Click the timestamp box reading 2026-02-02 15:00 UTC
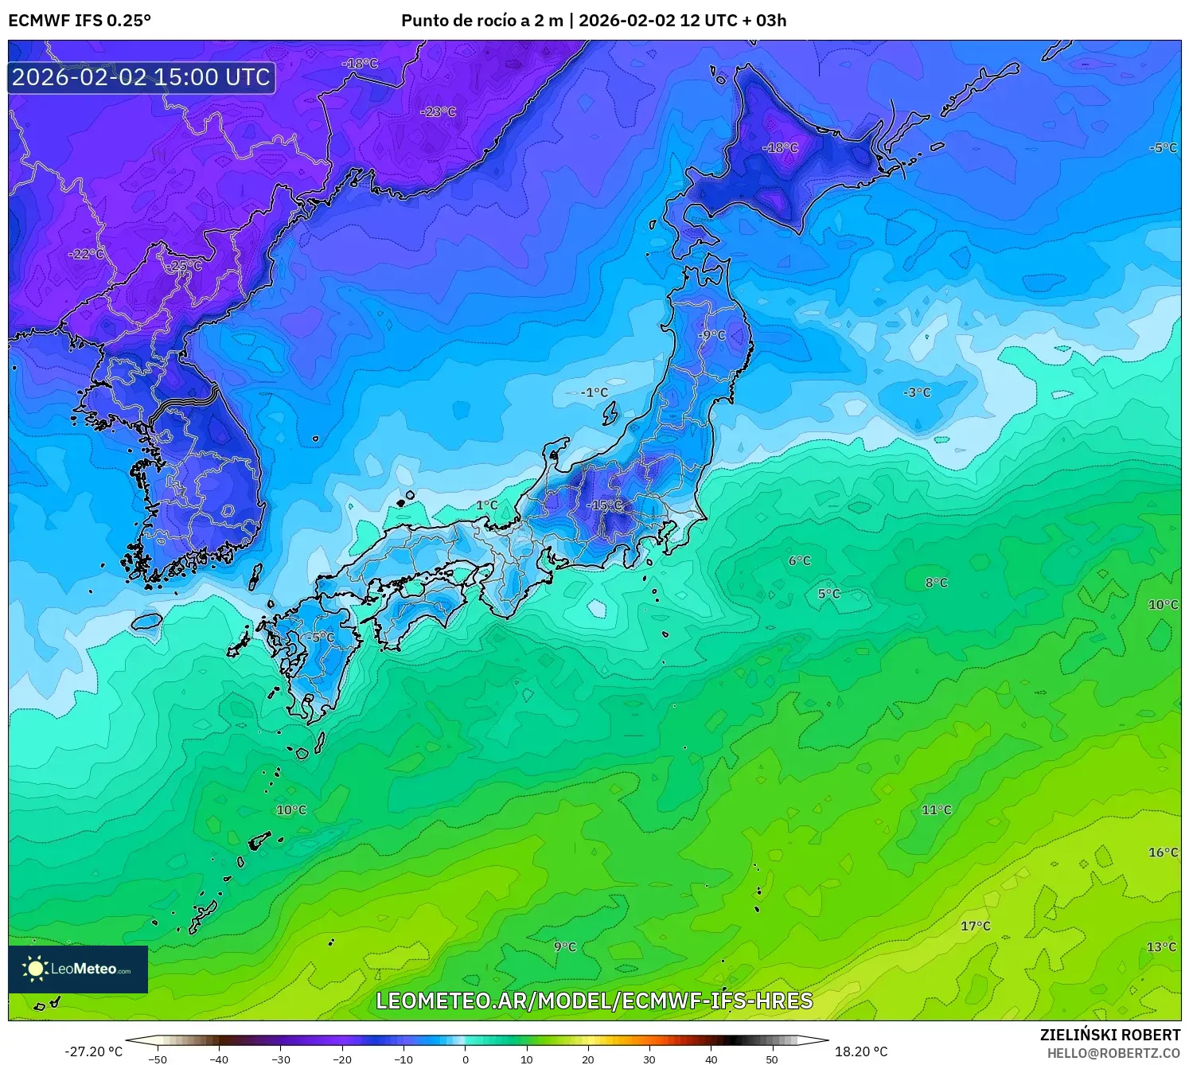[x=142, y=77]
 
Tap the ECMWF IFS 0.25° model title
[x=80, y=21]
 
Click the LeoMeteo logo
[x=78, y=969]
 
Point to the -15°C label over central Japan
[x=604, y=505]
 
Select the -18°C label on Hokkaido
[x=780, y=147]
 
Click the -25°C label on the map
[x=185, y=266]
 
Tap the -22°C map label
[x=87, y=254]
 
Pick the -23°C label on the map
[x=439, y=111]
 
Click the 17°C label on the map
[x=975, y=926]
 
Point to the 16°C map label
[x=1163, y=852]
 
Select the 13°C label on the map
[x=1161, y=946]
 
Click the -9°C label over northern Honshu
[x=711, y=335]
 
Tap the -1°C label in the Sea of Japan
[x=594, y=392]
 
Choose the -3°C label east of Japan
[x=917, y=392]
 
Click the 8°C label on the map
[x=936, y=583]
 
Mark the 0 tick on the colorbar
[x=466, y=1059]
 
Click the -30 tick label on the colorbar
[x=280, y=1059]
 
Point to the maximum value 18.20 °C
[x=861, y=1052]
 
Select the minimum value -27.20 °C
[x=94, y=1052]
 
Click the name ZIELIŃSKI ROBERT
[x=1110, y=1035]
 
